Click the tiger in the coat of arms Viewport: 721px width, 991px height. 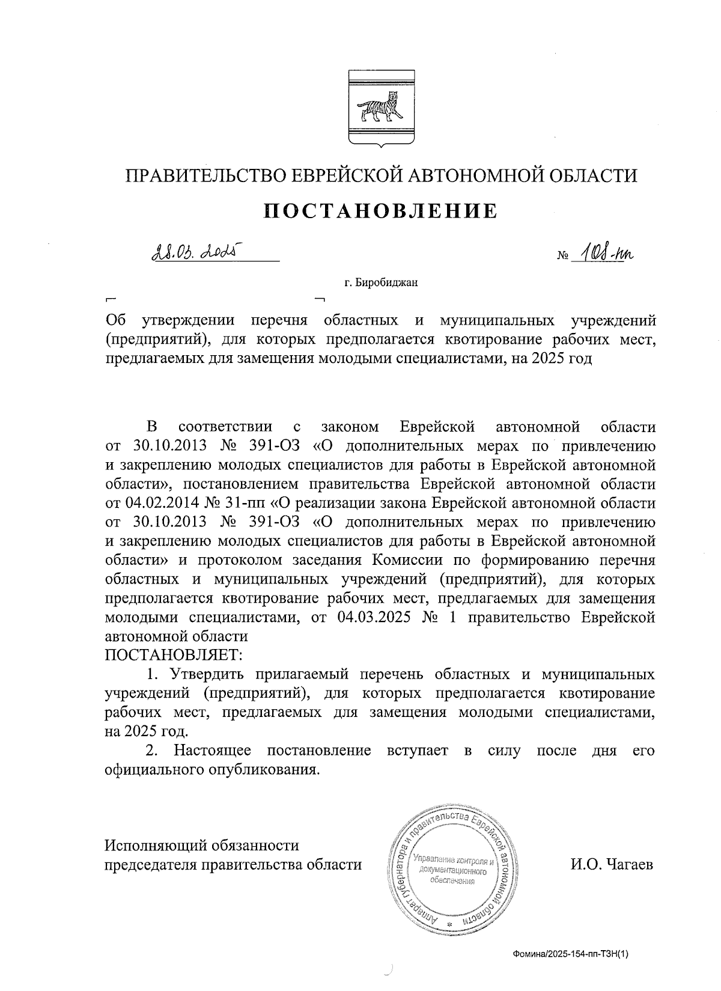click(x=381, y=108)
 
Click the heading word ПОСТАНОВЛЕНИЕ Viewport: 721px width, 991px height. click(x=382, y=211)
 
